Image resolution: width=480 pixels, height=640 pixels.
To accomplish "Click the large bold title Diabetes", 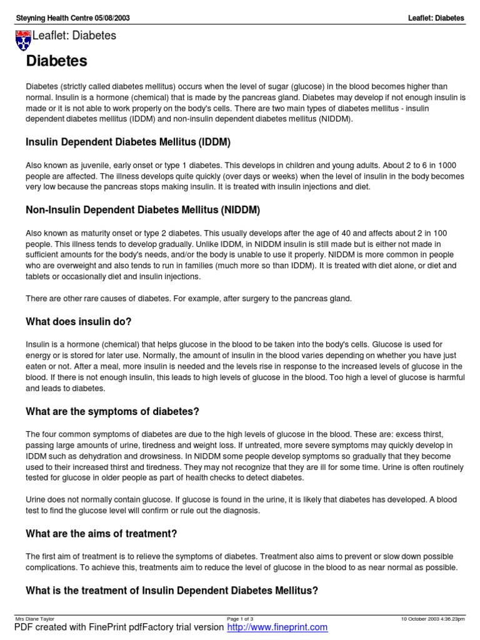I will coord(56,62).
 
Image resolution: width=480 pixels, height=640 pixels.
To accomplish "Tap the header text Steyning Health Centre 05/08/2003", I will coord(72,18).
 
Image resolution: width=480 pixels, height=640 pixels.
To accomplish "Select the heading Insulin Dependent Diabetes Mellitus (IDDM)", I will coord(128,143).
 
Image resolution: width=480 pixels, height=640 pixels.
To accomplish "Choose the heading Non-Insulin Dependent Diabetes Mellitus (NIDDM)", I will coord(142,210).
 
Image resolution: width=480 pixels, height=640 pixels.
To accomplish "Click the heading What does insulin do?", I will coord(78,322).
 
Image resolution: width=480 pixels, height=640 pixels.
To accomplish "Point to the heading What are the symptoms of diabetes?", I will coord(112,411).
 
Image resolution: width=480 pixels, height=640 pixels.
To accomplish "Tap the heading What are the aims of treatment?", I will coord(101,534).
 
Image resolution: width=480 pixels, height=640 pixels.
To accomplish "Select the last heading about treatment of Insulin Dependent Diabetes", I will coord(172,590).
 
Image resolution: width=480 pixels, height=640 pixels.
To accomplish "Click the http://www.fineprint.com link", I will coord(277,627).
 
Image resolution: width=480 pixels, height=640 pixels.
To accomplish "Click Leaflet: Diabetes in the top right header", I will coord(436,18).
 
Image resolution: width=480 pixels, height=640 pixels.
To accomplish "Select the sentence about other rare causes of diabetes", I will coord(189,299).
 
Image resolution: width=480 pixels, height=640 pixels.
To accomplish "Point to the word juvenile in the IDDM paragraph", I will coord(87,165).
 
